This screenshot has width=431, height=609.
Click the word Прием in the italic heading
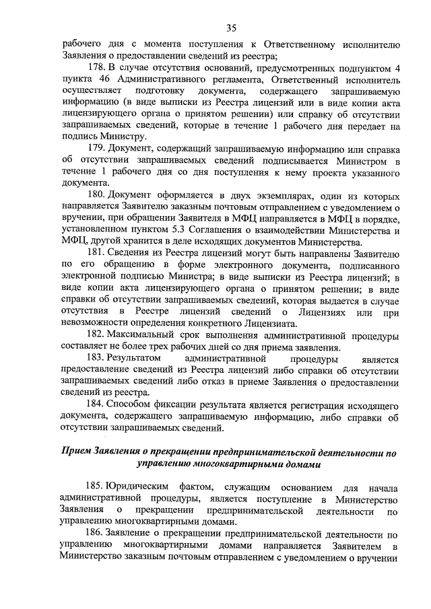pos(76,451)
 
